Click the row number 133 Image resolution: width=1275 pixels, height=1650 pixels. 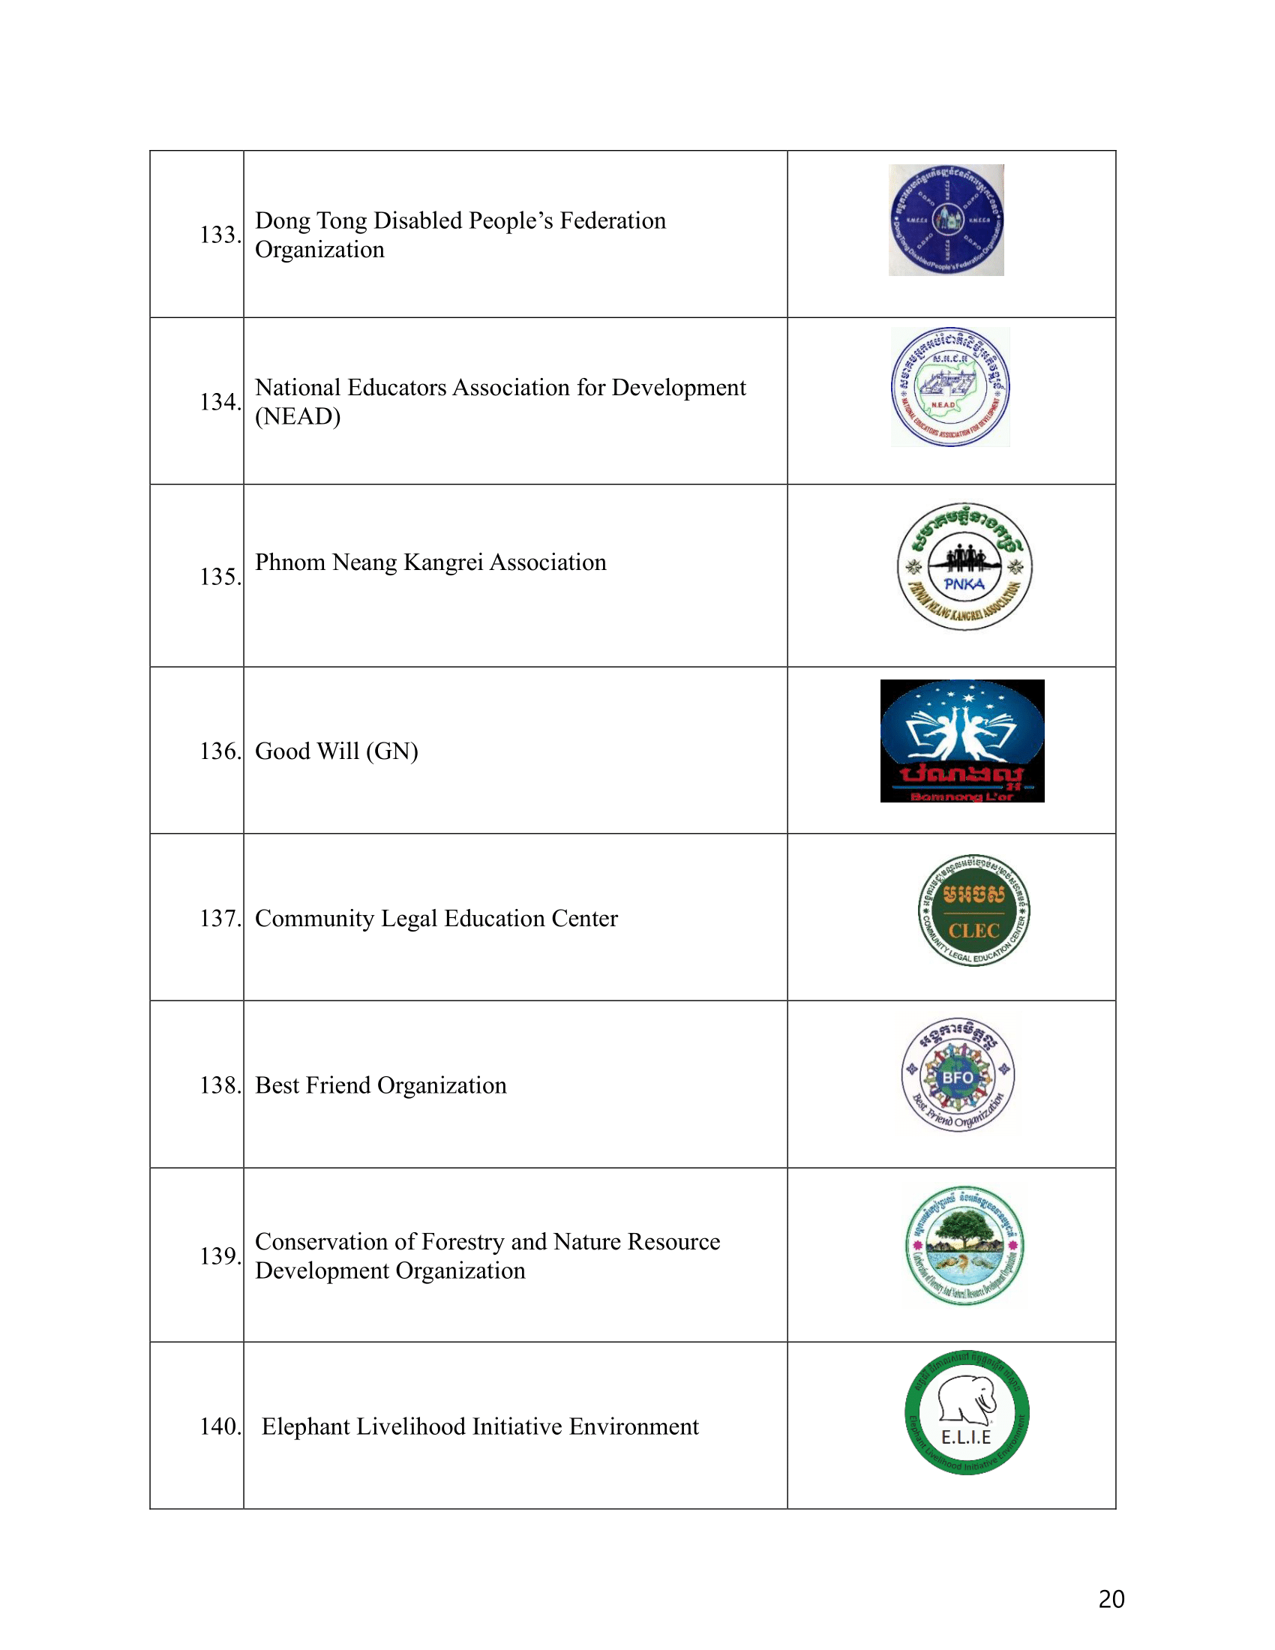[219, 235]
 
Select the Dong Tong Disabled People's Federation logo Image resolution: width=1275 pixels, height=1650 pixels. [946, 220]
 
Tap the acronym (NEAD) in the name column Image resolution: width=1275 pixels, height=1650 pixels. [298, 416]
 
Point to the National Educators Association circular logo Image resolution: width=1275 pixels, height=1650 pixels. [949, 387]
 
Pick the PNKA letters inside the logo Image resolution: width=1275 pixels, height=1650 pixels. [964, 584]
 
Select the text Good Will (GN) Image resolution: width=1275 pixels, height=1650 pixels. [336, 751]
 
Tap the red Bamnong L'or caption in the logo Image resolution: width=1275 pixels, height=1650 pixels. [961, 796]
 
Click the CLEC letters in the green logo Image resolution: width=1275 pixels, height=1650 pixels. [973, 931]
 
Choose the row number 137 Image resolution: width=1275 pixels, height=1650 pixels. [219, 918]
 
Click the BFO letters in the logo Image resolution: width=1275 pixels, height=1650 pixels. [957, 1077]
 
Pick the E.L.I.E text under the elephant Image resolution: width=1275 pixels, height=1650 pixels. [966, 1437]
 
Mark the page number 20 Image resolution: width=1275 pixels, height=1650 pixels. [1111, 1600]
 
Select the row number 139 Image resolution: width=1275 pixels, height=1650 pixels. [219, 1255]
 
